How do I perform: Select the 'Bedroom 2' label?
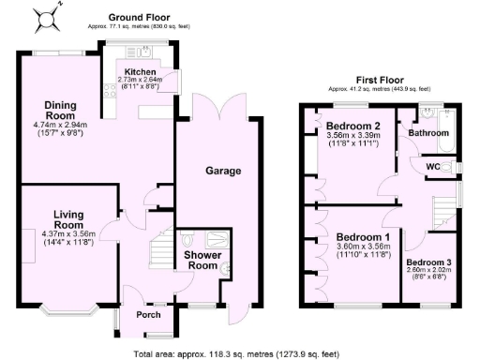click(352, 126)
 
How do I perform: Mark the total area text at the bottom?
click(240, 353)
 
